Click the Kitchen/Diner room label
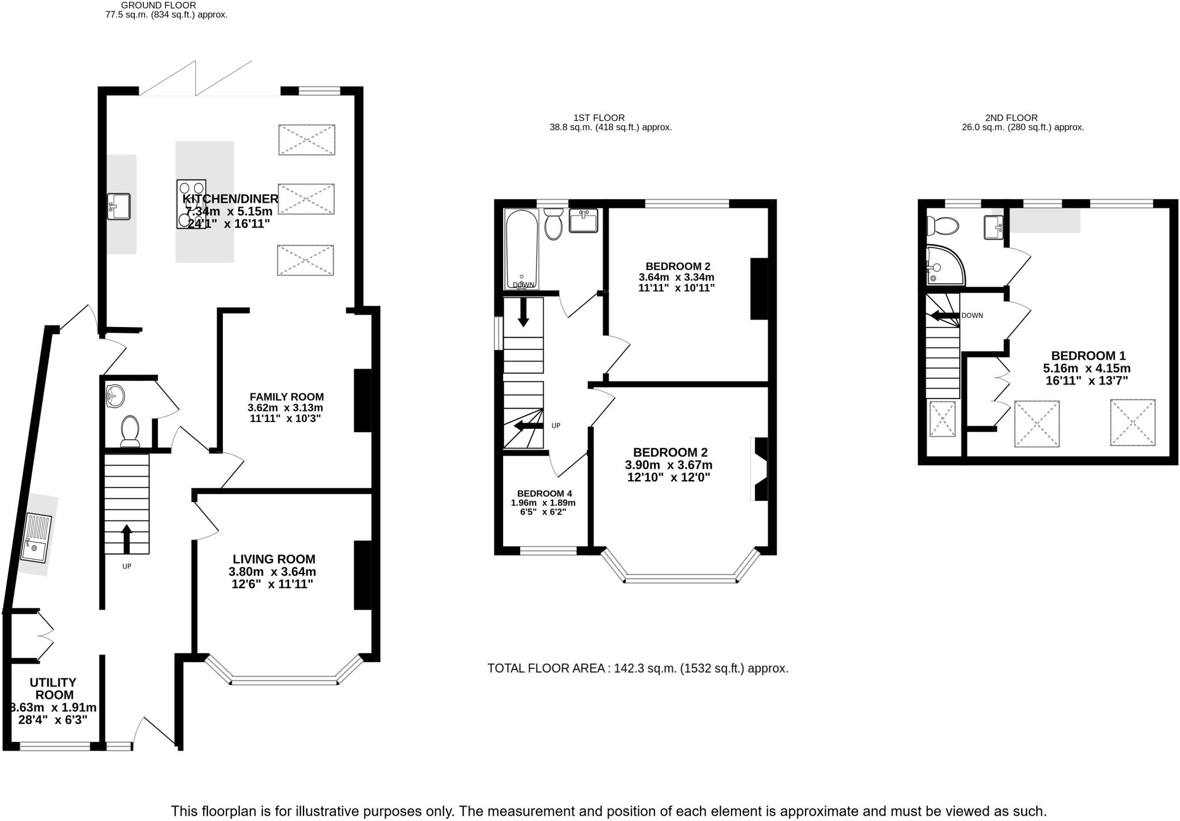(230, 199)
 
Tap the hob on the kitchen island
(191, 204)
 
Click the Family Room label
(286, 397)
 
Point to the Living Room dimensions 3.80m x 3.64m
(272, 572)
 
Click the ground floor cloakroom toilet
(130, 432)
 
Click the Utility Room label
(52, 688)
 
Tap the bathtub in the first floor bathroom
(521, 249)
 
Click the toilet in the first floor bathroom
(554, 224)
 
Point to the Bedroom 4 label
(544, 493)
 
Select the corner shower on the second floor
(943, 266)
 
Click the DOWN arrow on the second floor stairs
(942, 316)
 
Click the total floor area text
(637, 668)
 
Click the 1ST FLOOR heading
(599, 118)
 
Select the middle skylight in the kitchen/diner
(306, 200)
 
